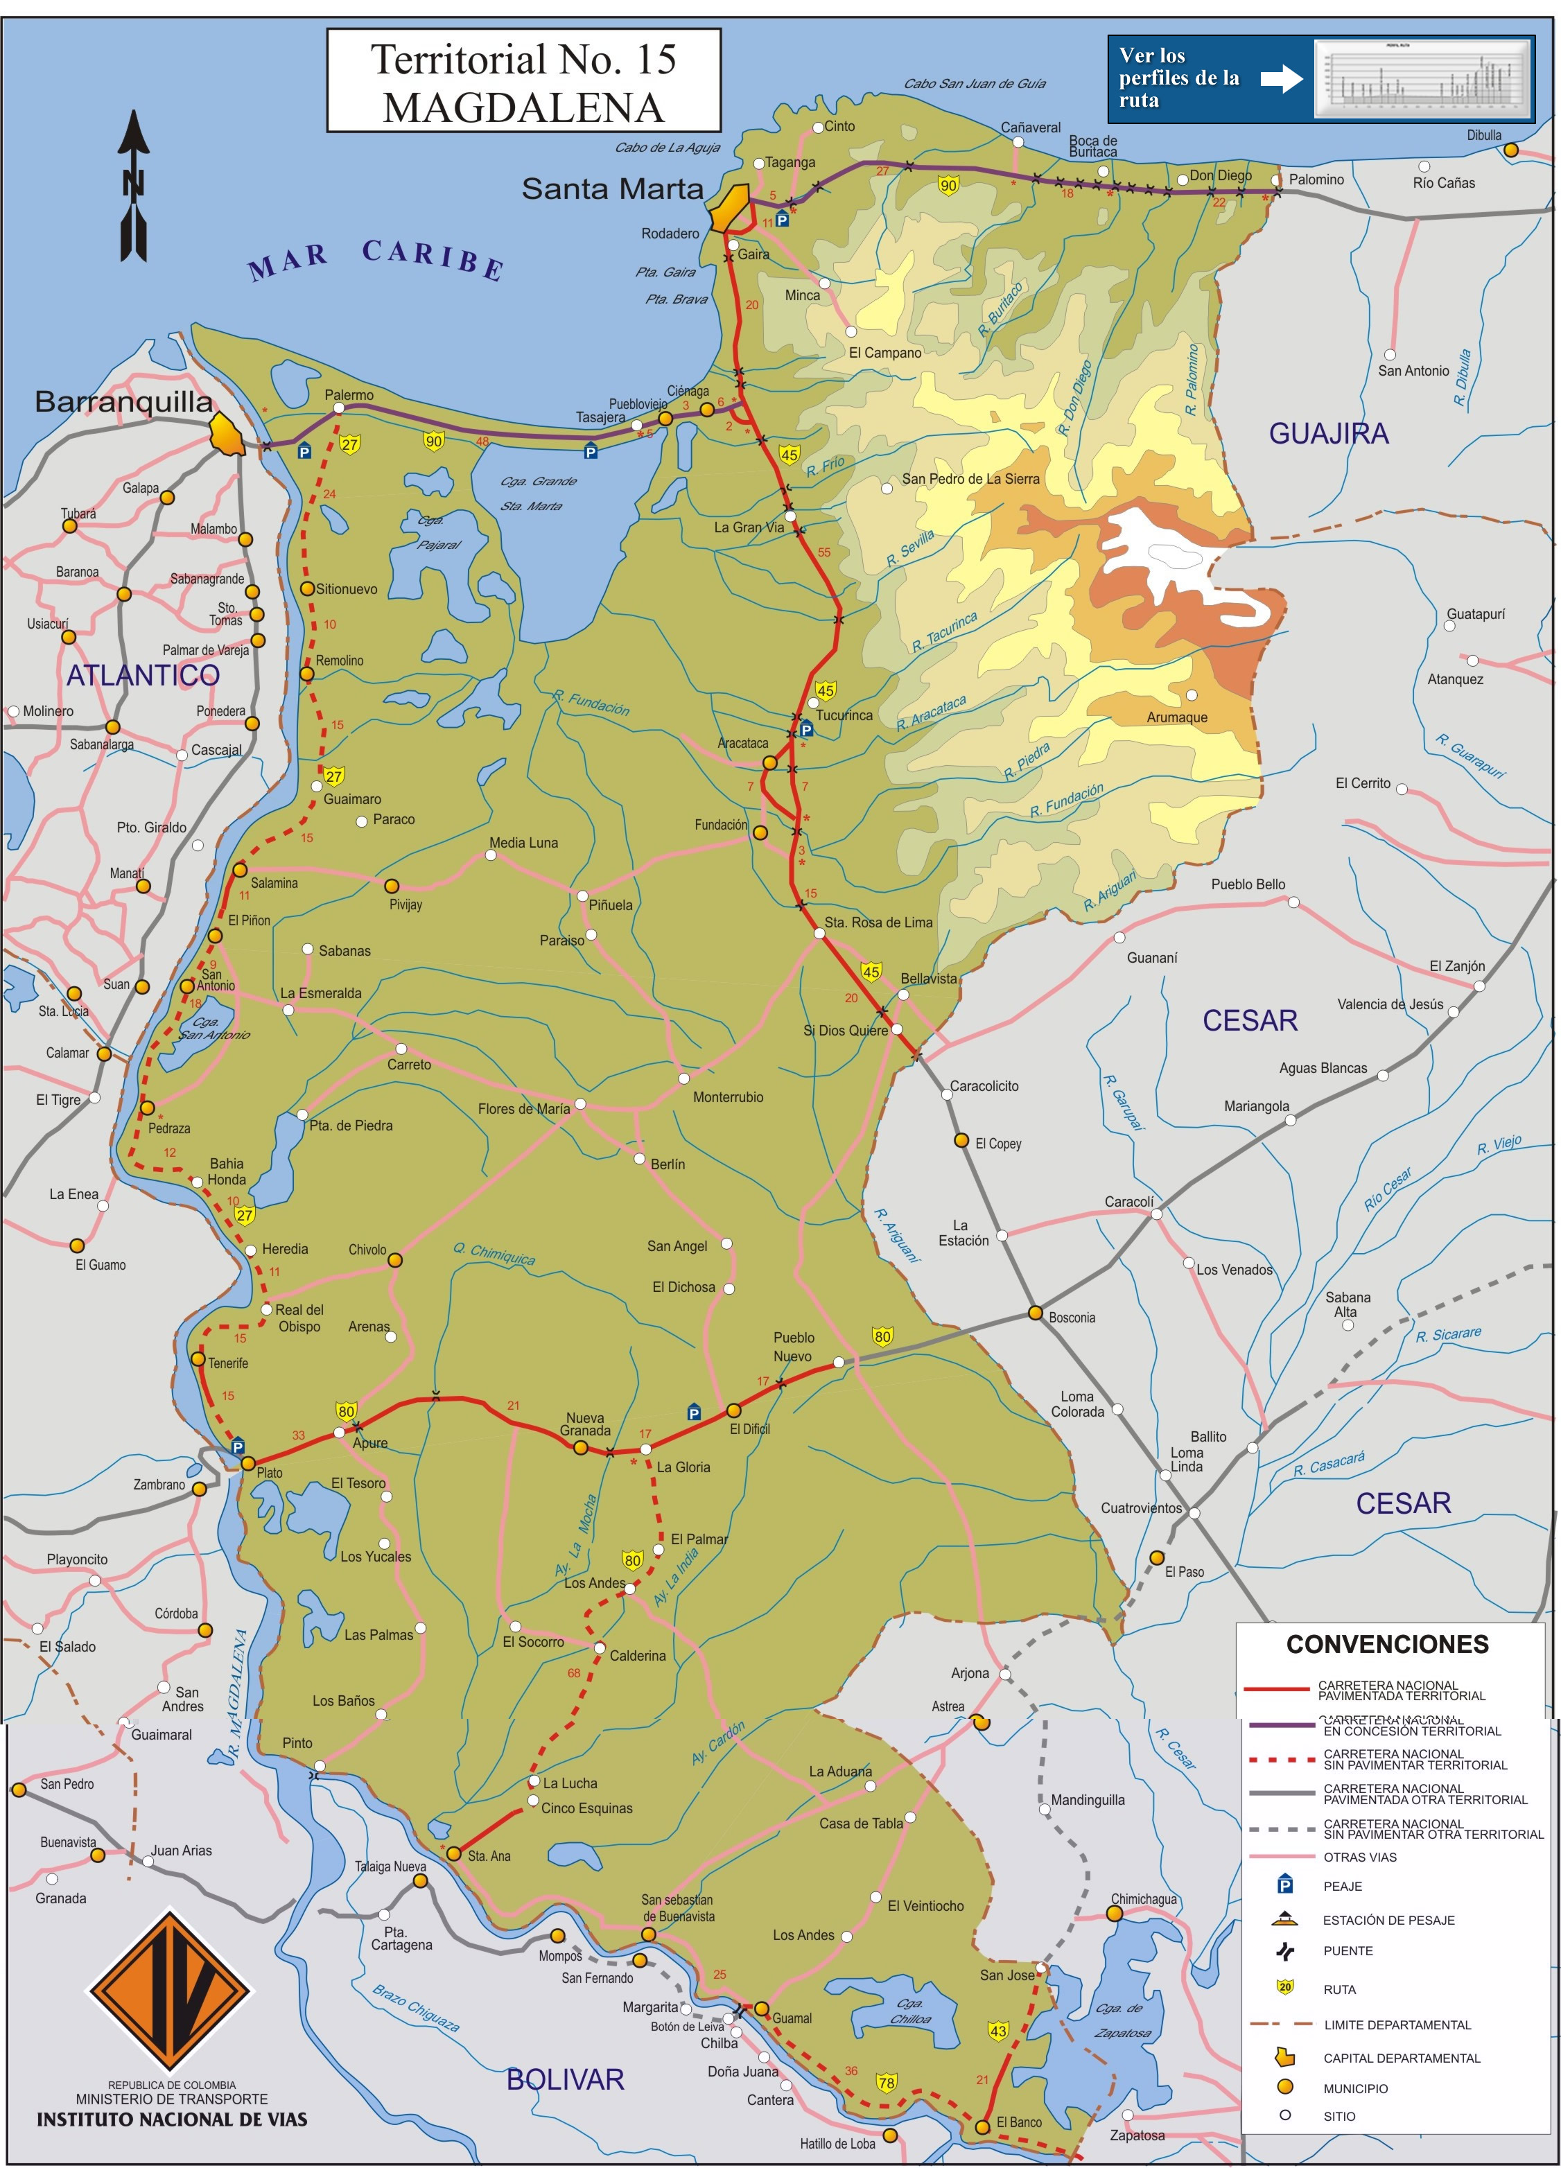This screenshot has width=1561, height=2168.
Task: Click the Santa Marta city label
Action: (612, 189)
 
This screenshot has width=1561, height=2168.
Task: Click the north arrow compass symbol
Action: (134, 186)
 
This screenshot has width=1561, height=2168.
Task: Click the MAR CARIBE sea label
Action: (376, 259)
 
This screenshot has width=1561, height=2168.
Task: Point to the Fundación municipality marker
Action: (759, 832)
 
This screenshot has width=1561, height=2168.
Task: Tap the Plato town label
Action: (270, 1473)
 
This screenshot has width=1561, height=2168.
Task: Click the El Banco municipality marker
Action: (982, 2127)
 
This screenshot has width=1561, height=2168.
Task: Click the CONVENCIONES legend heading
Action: (1387, 1644)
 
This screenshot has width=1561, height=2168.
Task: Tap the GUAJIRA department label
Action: (1328, 434)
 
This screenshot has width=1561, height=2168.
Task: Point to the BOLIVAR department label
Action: (565, 2080)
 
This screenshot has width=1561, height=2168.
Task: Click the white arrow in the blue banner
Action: (1281, 78)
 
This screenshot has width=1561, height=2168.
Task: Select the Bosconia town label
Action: (1072, 1318)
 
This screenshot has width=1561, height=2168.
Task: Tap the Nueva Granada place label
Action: (585, 1424)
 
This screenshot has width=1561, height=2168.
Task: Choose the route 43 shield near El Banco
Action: (998, 2030)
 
